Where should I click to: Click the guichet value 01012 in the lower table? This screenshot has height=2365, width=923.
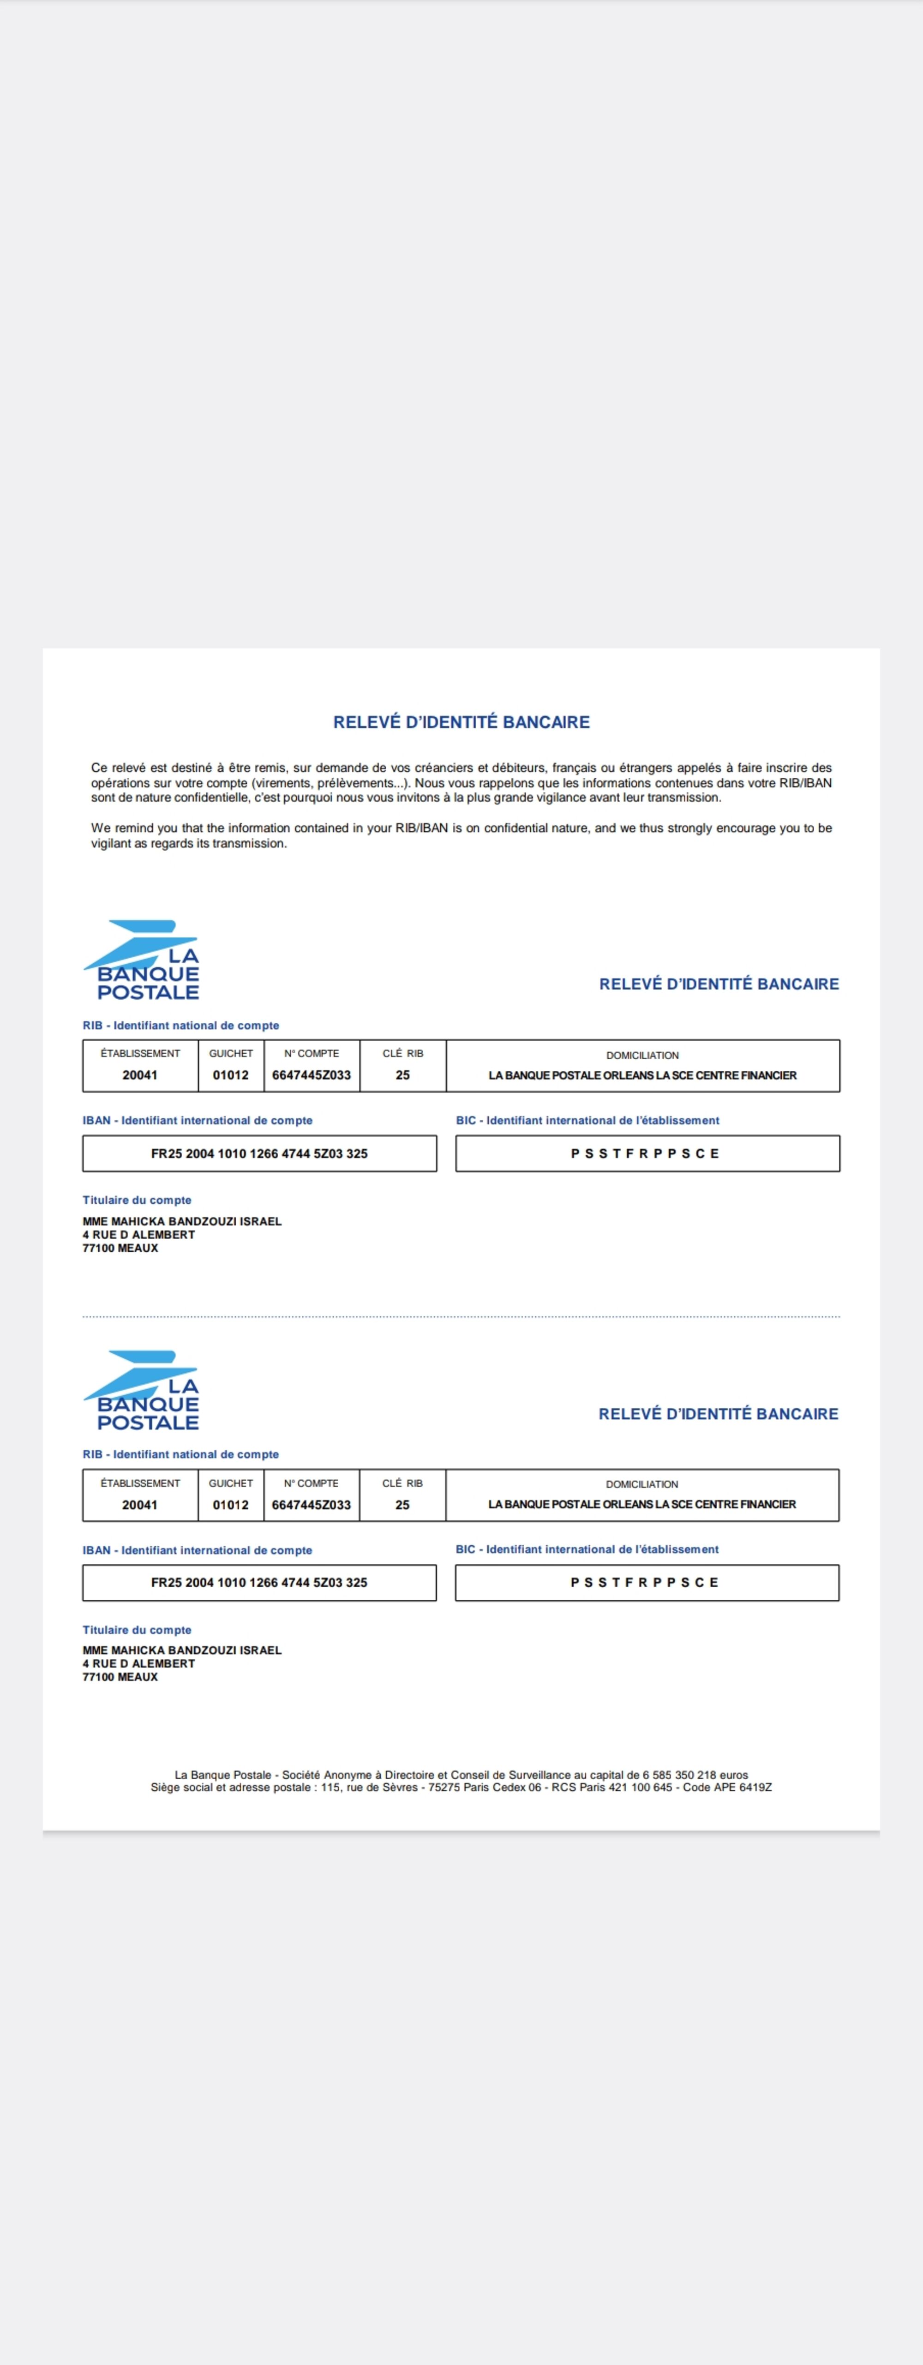pos(231,1505)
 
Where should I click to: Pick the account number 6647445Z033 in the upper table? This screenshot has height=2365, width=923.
pos(312,1075)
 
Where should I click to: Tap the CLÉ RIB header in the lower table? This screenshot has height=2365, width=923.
pos(402,1483)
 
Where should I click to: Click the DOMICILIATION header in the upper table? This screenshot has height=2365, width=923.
pos(642,1055)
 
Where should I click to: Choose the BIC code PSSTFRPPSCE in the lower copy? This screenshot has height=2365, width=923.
pos(645,1583)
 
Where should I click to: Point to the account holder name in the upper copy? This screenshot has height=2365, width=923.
pos(182,1221)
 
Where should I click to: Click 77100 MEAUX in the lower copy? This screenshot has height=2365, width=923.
pos(120,1676)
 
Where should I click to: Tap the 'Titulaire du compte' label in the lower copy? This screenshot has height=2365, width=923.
pos(137,1630)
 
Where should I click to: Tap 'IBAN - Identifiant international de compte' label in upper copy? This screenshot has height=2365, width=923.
pos(198,1120)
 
